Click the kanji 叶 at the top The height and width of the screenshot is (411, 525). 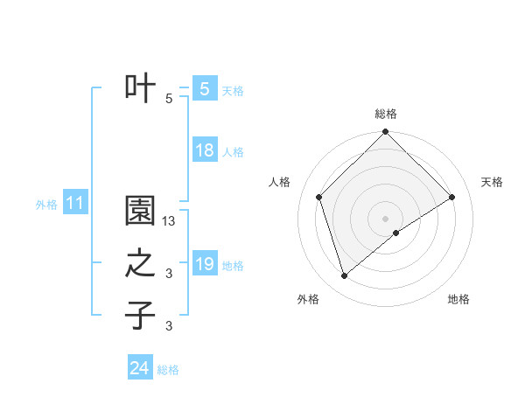click(x=141, y=87)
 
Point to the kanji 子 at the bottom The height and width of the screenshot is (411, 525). click(x=141, y=315)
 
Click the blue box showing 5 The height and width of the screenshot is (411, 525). click(x=204, y=89)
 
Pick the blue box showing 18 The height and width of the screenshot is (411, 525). click(x=205, y=150)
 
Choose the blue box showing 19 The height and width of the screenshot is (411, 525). click(x=205, y=264)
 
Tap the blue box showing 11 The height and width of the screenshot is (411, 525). click(x=75, y=204)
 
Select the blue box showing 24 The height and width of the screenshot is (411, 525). click(x=140, y=369)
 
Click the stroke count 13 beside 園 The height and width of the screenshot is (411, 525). click(x=170, y=222)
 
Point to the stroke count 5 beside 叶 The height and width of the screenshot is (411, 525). click(x=169, y=99)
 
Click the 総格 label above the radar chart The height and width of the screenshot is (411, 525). click(x=385, y=114)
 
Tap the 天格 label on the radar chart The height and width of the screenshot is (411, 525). click(x=492, y=182)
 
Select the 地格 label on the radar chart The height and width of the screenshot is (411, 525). click(x=458, y=299)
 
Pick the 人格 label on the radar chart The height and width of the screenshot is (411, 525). click(x=279, y=182)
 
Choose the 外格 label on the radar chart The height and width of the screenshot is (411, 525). click(x=308, y=299)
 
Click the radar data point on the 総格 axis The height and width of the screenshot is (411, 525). click(x=385, y=133)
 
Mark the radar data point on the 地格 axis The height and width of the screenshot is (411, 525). click(x=396, y=233)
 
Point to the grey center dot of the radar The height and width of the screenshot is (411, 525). click(x=385, y=218)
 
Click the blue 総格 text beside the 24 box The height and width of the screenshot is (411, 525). click(x=168, y=370)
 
